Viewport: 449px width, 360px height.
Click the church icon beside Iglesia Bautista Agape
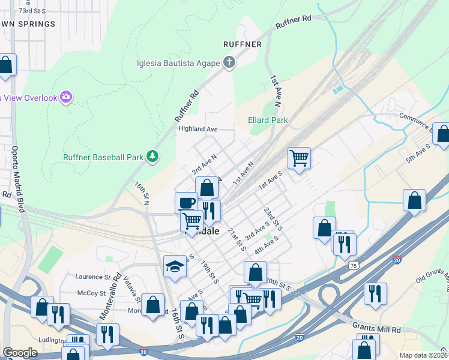[x=229, y=61]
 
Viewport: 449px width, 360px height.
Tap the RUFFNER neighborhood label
[x=242, y=44]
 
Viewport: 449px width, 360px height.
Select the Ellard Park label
[x=268, y=120]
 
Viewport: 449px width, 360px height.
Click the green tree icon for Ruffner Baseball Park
[x=154, y=157]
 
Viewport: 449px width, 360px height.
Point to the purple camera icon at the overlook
[x=66, y=97]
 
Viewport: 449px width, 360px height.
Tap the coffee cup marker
[x=186, y=202]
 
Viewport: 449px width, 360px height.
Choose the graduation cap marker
[x=175, y=266]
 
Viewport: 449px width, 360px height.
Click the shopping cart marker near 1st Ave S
[x=299, y=158]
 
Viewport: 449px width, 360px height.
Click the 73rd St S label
[x=33, y=11]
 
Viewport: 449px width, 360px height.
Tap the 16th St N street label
[x=142, y=193]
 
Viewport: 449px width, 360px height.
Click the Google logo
[x=20, y=353]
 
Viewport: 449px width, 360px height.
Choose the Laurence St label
[x=93, y=277]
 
